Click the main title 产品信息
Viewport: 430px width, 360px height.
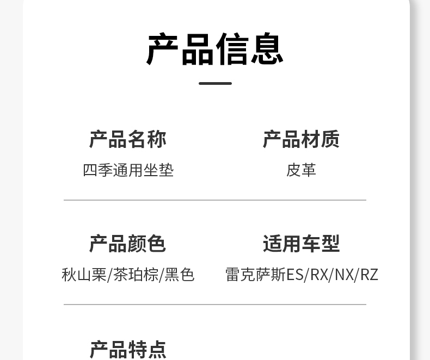pyautogui.click(x=215, y=49)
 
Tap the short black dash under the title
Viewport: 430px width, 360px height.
pyautogui.click(x=215, y=83)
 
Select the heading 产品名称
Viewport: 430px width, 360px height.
pyautogui.click(x=128, y=139)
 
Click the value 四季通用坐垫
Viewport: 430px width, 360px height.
pyautogui.click(x=128, y=170)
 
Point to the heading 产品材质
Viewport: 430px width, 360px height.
pyautogui.click(x=301, y=139)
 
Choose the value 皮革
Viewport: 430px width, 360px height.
pyautogui.click(x=301, y=170)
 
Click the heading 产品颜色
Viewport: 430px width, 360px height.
pyautogui.click(x=128, y=244)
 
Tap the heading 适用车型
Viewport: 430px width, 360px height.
pyautogui.click(x=301, y=244)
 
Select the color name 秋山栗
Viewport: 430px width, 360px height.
pyautogui.click(x=84, y=275)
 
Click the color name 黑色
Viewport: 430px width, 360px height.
pyautogui.click(x=180, y=275)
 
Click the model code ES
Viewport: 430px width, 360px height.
pyautogui.click(x=295, y=275)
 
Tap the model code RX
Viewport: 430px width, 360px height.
pyautogui.click(x=320, y=275)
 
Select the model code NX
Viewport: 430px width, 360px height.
pyautogui.click(x=345, y=275)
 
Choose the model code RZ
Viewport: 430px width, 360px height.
pyautogui.click(x=369, y=275)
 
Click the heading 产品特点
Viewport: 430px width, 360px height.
pyautogui.click(x=128, y=349)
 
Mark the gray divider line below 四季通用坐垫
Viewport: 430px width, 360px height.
pyautogui.click(x=215, y=200)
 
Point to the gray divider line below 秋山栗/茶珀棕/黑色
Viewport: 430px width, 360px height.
pyautogui.click(x=215, y=305)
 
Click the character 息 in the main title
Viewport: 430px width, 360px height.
pyautogui.click(x=267, y=49)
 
